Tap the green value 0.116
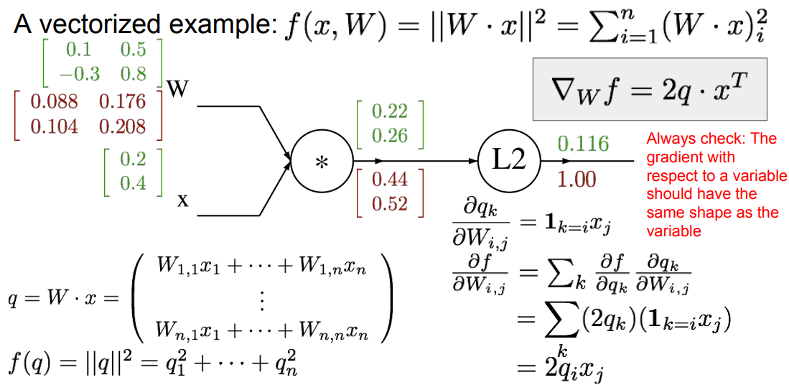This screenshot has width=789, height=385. (x=583, y=144)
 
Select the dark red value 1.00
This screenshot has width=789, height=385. (x=577, y=179)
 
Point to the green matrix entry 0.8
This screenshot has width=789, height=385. (x=132, y=73)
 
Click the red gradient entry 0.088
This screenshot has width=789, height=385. (x=54, y=101)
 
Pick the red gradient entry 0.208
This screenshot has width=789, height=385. (x=122, y=127)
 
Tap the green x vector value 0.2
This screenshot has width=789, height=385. (x=133, y=159)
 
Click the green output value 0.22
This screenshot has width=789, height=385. (x=389, y=111)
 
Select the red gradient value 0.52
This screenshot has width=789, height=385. (x=389, y=204)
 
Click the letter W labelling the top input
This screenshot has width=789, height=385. (x=177, y=89)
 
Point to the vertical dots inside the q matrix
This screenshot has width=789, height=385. (x=261, y=300)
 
